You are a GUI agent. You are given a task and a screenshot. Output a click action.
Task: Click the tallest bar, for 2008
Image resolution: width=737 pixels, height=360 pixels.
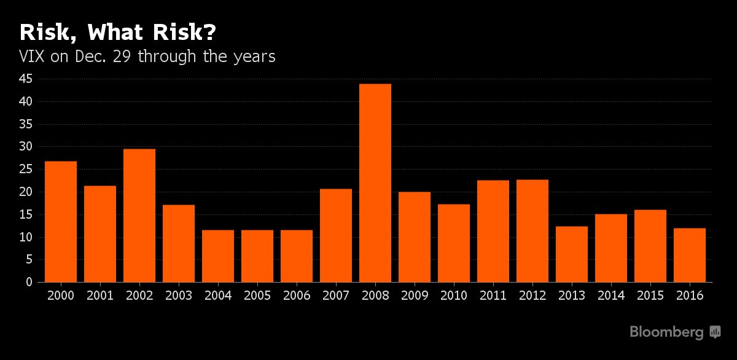(x=375, y=183)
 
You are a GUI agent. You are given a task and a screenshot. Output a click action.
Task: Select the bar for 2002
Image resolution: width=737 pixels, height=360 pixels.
(x=139, y=216)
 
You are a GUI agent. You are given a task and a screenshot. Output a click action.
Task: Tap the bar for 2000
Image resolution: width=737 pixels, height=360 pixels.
(x=61, y=222)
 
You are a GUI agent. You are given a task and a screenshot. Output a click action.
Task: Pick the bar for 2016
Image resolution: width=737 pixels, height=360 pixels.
(x=690, y=256)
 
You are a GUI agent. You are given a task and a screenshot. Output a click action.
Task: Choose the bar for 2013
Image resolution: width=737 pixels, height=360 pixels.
(x=572, y=254)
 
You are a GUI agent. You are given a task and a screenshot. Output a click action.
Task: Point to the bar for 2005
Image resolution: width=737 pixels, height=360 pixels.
(x=257, y=256)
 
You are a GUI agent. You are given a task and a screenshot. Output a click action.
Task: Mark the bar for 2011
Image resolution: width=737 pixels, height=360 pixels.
(x=493, y=231)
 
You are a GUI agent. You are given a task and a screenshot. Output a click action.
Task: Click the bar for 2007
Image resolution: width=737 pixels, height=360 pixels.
(x=336, y=235)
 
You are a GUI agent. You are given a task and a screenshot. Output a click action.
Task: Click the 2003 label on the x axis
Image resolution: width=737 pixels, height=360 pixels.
(x=179, y=295)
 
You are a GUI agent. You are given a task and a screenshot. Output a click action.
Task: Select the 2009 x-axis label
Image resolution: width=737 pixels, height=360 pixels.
(x=415, y=295)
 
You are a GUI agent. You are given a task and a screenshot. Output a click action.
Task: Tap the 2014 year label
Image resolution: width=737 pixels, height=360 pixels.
(x=611, y=295)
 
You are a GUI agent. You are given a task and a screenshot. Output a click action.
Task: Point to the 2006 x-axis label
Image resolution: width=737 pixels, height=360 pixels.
(x=297, y=295)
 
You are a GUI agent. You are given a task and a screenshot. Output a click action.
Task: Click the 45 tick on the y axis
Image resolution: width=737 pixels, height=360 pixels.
(x=25, y=79)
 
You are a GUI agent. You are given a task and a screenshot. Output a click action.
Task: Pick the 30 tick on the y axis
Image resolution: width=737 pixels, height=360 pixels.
(x=25, y=147)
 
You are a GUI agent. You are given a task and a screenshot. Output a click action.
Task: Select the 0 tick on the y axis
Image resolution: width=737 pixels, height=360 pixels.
(x=28, y=283)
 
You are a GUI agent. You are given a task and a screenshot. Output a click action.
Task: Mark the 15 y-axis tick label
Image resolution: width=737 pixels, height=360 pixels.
(x=25, y=214)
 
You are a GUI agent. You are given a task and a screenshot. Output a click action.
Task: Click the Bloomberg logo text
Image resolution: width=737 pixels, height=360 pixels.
(x=666, y=332)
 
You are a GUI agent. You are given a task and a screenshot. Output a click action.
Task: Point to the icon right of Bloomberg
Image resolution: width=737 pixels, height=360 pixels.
(x=715, y=332)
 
